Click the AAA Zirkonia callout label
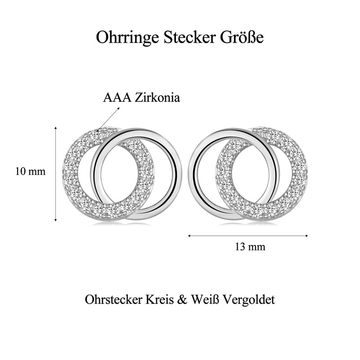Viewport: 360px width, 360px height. [141, 98]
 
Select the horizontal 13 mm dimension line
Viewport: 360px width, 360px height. [248, 235]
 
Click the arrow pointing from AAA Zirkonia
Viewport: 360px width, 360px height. [106, 120]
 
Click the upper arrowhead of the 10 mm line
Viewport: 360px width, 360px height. [55, 129]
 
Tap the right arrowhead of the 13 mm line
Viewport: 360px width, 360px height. [306, 235]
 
